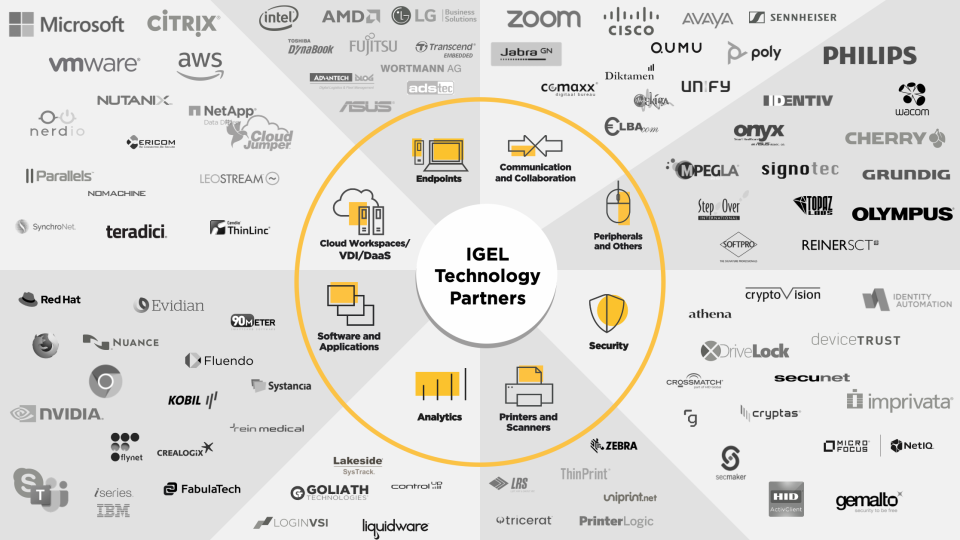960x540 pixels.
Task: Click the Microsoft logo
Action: (67, 24)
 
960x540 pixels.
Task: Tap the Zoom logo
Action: (543, 19)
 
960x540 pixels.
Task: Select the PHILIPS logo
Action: (869, 55)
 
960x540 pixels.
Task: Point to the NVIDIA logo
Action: (57, 413)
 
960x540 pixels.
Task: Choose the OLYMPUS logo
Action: (902, 214)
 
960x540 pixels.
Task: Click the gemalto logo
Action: (869, 500)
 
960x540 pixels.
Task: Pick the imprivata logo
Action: (899, 401)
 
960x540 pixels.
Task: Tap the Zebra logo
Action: (613, 445)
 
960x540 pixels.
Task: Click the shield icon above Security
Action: (608, 313)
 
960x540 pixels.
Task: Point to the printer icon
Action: (528, 386)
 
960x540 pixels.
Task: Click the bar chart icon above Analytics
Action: (440, 387)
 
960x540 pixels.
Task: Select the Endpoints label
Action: (439, 179)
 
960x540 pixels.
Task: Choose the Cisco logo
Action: (631, 21)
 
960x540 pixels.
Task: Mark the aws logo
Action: (200, 65)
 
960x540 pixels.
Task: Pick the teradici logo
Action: (136, 231)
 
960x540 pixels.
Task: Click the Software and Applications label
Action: (349, 342)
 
